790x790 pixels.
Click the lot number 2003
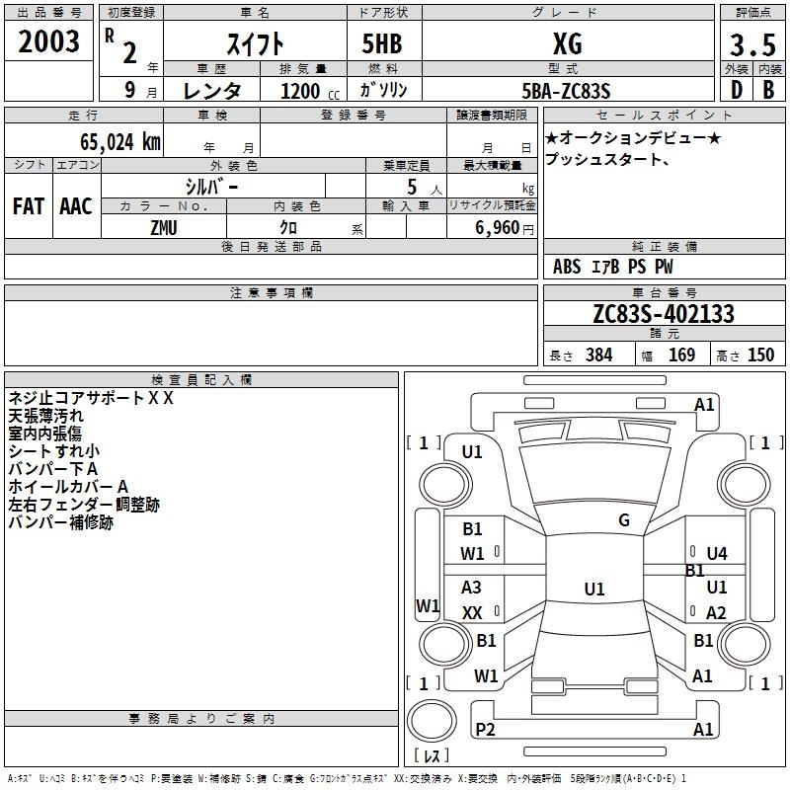click(x=48, y=41)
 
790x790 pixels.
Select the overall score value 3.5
click(x=751, y=44)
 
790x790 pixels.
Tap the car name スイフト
click(x=255, y=43)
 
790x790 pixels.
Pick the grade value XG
click(x=567, y=43)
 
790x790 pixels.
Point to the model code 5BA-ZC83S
click(x=567, y=91)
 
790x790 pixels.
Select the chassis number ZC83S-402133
click(x=664, y=314)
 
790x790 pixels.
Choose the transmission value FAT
click(x=28, y=206)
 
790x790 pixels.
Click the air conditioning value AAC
click(x=76, y=206)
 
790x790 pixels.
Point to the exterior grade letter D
click(x=736, y=90)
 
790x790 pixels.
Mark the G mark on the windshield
click(x=624, y=520)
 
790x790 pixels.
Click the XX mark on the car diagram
click(x=472, y=613)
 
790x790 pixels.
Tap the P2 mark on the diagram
click(x=485, y=730)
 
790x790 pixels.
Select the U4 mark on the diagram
click(x=717, y=554)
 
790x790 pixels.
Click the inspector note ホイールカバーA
click(x=69, y=487)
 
